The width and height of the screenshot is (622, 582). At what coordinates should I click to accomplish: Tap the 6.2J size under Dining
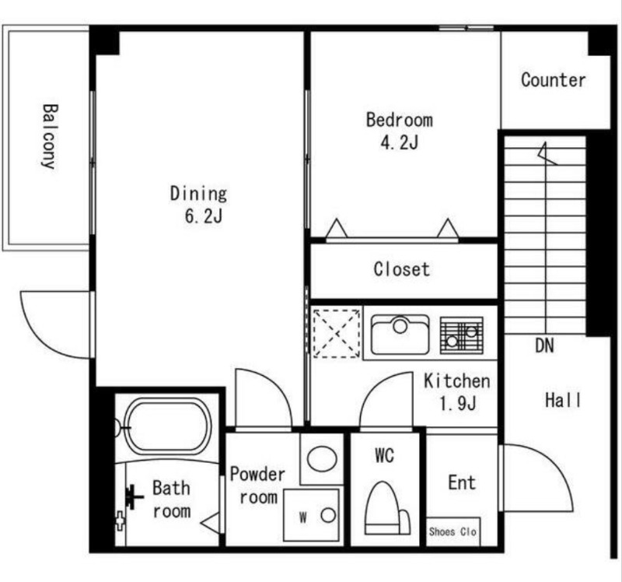[x=204, y=216]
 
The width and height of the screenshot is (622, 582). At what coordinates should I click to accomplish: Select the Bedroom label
[x=400, y=120]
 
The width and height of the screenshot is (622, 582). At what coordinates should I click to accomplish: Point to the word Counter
[x=554, y=80]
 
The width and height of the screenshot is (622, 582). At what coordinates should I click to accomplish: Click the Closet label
[x=402, y=269]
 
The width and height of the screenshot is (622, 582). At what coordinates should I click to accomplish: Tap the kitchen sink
[x=400, y=335]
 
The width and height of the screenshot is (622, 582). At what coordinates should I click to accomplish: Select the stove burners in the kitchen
[x=461, y=335]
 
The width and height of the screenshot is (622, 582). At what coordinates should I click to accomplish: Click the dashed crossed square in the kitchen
[x=337, y=334]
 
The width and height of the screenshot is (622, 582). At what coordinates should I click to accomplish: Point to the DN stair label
[x=544, y=345]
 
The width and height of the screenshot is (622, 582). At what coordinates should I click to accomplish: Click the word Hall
[x=562, y=400]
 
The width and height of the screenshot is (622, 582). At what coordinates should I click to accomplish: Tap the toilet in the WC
[x=387, y=508]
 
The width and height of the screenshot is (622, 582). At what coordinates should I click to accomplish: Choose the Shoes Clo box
[x=453, y=531]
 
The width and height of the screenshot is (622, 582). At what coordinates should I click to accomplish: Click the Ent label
[x=462, y=482]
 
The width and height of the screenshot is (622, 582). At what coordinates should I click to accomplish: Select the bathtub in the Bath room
[x=166, y=426]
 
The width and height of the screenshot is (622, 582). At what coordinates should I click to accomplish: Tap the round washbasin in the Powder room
[x=322, y=459]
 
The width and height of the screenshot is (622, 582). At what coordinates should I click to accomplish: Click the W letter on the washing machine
[x=303, y=517]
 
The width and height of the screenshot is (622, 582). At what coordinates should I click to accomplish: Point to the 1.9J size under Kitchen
[x=457, y=404]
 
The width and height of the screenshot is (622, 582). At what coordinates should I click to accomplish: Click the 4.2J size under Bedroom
[x=399, y=142]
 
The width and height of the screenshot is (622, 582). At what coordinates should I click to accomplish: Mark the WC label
[x=384, y=455]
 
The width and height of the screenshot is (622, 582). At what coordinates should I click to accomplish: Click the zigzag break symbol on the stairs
[x=547, y=153]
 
